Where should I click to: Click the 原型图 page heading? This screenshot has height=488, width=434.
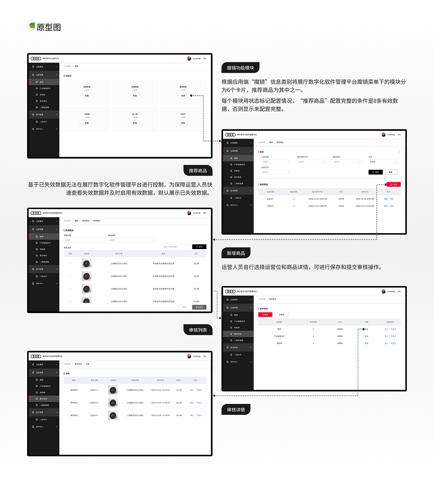[48, 27]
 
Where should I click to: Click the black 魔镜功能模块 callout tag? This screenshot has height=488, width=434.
[240, 68]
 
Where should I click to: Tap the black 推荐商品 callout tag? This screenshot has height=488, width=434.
[198, 171]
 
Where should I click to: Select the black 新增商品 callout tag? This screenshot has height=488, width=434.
[236, 253]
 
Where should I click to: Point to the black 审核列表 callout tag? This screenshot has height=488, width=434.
[198, 330]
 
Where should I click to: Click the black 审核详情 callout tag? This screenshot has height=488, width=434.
[236, 410]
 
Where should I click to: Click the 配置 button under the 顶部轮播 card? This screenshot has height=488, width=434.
[87, 96]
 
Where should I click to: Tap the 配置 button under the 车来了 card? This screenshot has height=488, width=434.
[183, 123]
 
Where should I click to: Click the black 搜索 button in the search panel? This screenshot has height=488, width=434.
[375, 172]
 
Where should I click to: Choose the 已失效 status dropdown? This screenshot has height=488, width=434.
[383, 162]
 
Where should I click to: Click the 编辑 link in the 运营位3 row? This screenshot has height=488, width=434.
[386, 199]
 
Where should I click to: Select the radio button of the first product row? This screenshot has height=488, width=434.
[70, 263]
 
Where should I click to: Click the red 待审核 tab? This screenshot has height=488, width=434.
[265, 315]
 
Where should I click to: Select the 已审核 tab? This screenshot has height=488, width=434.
[281, 315]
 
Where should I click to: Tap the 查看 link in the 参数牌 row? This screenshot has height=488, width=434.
[367, 343]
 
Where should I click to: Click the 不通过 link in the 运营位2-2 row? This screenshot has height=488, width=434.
[199, 403]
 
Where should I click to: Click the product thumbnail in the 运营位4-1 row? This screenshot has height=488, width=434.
[113, 415]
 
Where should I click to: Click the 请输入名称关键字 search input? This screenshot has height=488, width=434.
[176, 247]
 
